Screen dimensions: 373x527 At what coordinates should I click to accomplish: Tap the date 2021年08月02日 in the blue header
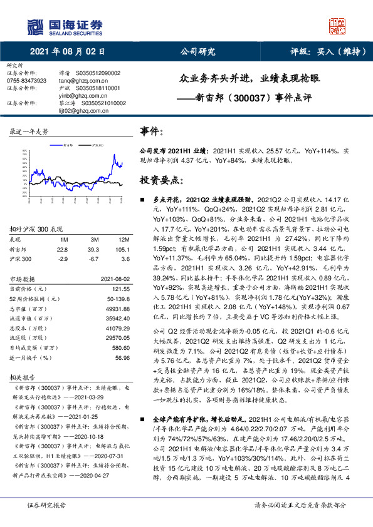pos(67,52)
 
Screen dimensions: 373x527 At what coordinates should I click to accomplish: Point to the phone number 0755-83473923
pos(26,81)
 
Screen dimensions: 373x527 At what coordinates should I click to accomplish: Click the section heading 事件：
pos(154,132)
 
